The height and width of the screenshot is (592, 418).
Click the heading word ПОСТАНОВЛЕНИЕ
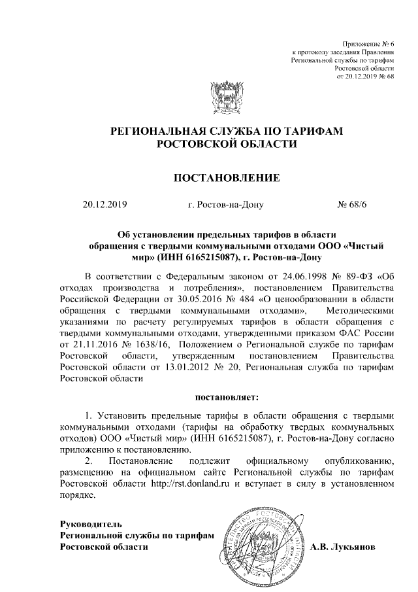226,177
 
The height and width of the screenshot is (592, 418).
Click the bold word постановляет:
227,396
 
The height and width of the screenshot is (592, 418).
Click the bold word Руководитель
90,523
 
